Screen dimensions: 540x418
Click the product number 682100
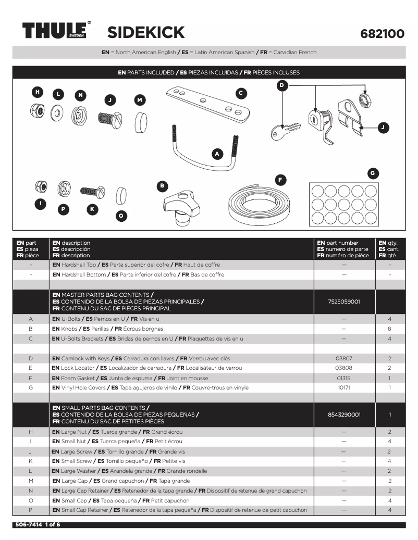[382, 34]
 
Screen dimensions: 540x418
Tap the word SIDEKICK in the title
[146, 33]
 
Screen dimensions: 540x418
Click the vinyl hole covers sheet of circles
[343, 204]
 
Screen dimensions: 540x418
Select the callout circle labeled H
[37, 92]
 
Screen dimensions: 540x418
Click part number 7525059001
[344, 302]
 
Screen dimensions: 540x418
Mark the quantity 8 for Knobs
[389, 329]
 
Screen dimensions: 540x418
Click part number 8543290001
[344, 415]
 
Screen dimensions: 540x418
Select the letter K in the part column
[31, 461]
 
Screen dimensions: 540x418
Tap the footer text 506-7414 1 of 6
[36, 524]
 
